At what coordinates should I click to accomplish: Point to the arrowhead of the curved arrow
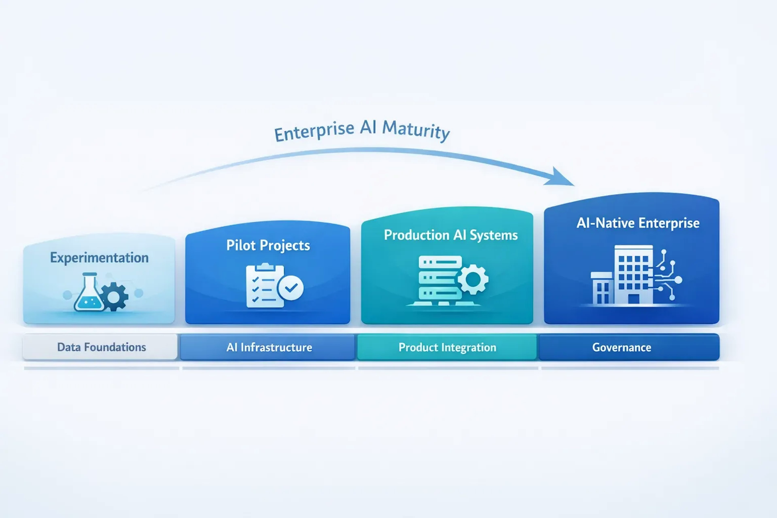tap(562, 178)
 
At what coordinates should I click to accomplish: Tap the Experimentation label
tap(99, 258)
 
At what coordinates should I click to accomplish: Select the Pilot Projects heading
tap(268, 245)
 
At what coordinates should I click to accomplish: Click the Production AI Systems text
tap(451, 235)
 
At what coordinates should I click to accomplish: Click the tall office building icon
tap(633, 274)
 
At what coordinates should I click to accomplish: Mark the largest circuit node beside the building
tap(678, 280)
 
